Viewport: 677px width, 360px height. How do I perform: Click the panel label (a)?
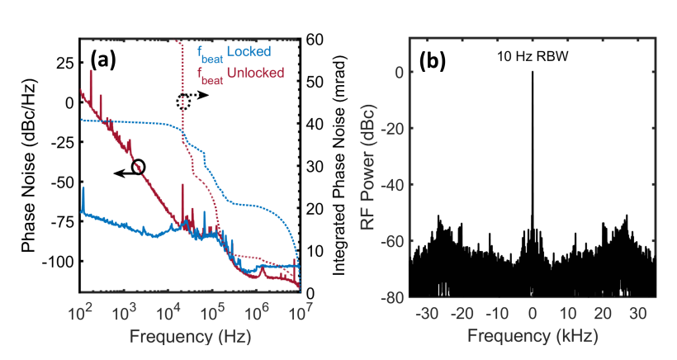pyautogui.click(x=102, y=60)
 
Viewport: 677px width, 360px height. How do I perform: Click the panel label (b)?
pyautogui.click(x=433, y=61)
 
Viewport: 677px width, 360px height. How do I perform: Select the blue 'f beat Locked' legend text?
pyautogui.click(x=234, y=53)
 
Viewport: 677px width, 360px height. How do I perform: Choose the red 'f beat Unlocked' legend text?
pyautogui.click(x=240, y=74)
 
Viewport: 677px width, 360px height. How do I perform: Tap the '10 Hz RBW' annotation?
pyautogui.click(x=533, y=56)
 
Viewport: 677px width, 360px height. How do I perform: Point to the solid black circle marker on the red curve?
pyautogui.click(x=138, y=167)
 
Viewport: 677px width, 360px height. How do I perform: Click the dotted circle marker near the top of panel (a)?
pyautogui.click(x=183, y=102)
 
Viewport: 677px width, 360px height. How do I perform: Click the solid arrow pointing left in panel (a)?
pyautogui.click(x=124, y=173)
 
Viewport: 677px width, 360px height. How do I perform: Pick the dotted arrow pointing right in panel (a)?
pyautogui.click(x=199, y=95)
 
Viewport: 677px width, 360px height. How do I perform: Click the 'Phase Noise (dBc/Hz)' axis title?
pyautogui.click(x=29, y=166)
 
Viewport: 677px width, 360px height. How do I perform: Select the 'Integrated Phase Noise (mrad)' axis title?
pyautogui.click(x=340, y=165)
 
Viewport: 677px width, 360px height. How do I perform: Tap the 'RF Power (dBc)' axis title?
pyautogui.click(x=367, y=167)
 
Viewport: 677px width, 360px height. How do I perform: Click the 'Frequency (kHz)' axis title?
pyautogui.click(x=533, y=335)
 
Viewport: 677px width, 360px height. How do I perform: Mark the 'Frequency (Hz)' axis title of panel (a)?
pyautogui.click(x=190, y=336)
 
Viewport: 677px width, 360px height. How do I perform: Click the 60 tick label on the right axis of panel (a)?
pyautogui.click(x=314, y=40)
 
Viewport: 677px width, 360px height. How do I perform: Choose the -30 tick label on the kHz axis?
pyautogui.click(x=427, y=313)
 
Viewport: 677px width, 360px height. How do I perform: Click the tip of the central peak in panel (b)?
pyautogui.click(x=533, y=72)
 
